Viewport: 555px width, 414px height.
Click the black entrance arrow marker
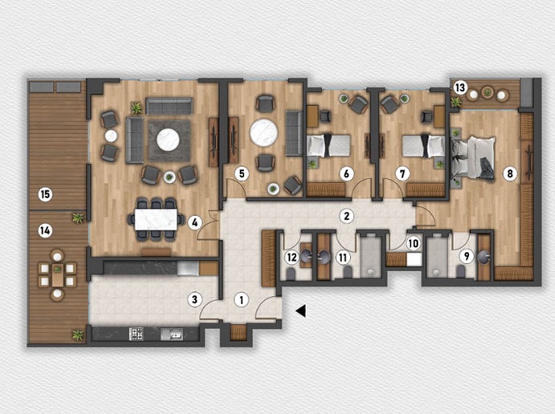click(x=301, y=310)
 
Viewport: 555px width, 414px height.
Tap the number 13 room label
click(x=460, y=87)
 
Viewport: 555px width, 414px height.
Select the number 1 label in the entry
click(x=242, y=300)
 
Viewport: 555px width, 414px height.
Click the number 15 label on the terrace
click(x=46, y=194)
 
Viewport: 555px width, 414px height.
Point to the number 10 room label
click(x=413, y=244)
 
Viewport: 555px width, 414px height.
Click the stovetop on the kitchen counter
click(x=137, y=334)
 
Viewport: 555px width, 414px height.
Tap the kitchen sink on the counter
click(x=172, y=334)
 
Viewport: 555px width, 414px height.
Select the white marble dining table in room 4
click(x=156, y=220)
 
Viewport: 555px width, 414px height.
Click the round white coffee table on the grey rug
click(x=168, y=140)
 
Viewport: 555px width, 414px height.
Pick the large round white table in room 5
click(x=264, y=132)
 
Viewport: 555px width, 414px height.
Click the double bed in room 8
click(x=472, y=158)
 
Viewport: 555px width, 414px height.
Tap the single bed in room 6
click(x=329, y=145)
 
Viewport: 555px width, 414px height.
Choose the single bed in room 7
click(x=424, y=146)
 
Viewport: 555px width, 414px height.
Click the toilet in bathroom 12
click(x=290, y=274)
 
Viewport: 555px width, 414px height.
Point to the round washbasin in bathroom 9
click(x=484, y=258)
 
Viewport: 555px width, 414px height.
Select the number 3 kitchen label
click(x=194, y=300)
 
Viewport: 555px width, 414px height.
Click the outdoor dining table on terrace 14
click(x=57, y=274)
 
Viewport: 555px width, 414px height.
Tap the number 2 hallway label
click(x=346, y=216)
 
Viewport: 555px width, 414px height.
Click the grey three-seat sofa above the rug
click(x=169, y=106)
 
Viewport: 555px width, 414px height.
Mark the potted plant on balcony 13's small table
click(x=488, y=92)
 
